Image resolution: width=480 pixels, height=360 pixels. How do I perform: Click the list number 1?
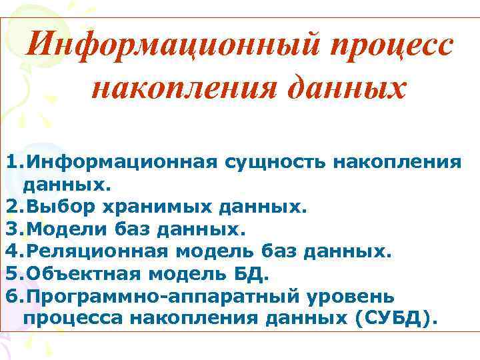(13, 161)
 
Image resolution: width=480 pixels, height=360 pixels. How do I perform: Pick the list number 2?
(13, 207)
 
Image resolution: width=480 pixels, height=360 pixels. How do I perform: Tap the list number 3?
(13, 229)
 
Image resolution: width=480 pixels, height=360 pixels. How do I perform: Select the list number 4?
(13, 252)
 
